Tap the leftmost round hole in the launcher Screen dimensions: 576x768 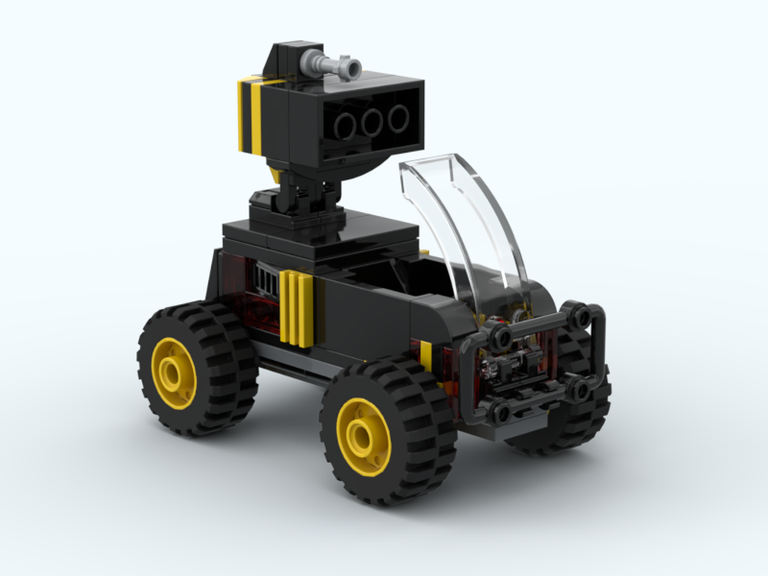pyautogui.click(x=346, y=126)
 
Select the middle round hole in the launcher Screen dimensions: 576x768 pyautogui.click(x=373, y=121)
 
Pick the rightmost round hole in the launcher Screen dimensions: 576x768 pyautogui.click(x=399, y=117)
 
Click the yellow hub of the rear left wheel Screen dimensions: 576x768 pyautogui.click(x=174, y=372)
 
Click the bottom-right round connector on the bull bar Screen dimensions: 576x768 pyautogui.click(x=579, y=389)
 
